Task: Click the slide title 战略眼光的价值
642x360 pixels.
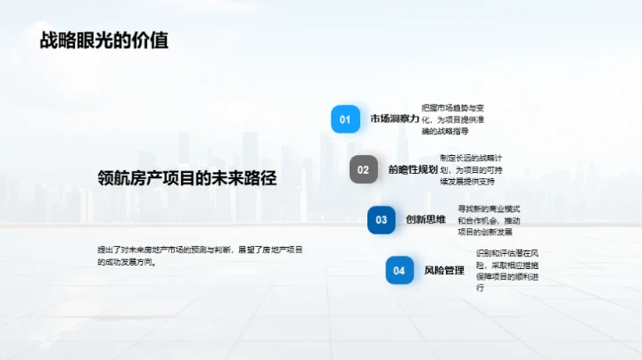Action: point(103,41)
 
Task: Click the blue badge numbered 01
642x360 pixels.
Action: point(345,119)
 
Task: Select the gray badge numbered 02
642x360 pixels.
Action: point(363,169)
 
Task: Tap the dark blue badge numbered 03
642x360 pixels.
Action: point(381,220)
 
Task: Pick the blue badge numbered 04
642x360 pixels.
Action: point(399,270)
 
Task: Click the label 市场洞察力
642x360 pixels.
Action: point(394,119)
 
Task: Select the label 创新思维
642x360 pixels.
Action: point(425,220)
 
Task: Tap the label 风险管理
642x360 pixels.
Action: point(444,270)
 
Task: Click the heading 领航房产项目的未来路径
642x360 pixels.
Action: point(187,178)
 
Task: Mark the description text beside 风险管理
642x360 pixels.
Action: point(508,271)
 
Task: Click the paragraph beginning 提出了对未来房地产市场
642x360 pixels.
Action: point(200,256)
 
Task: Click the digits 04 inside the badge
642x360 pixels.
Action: point(399,270)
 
